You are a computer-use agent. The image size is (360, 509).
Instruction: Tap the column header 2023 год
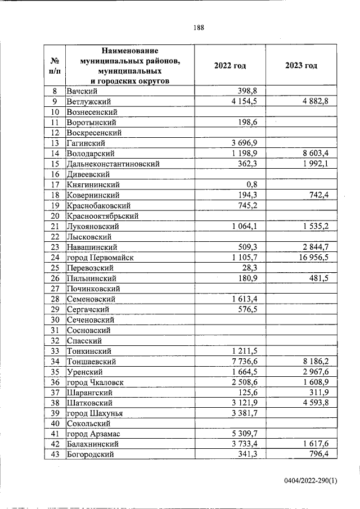coord(301,66)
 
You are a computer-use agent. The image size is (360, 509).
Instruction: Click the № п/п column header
coord(55,66)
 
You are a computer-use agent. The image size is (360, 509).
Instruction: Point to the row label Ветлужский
coord(88,101)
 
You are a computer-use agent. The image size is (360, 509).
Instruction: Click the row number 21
coord(55,226)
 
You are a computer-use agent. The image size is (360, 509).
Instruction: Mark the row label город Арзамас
coord(93,434)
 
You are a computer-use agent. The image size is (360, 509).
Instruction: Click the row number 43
coord(55,454)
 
